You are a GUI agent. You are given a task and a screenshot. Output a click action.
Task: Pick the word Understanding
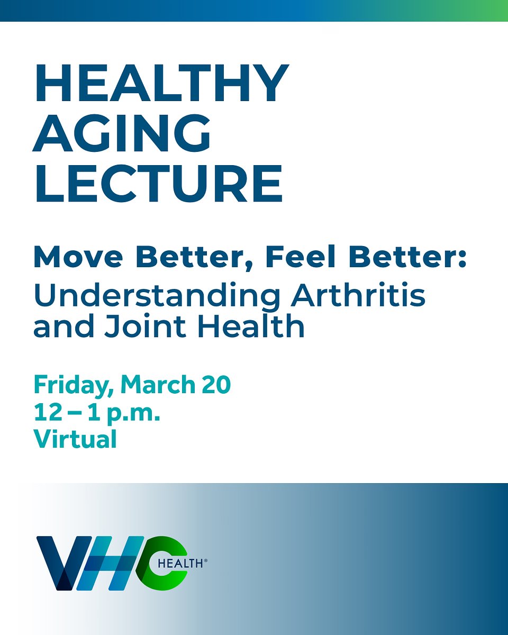point(156,297)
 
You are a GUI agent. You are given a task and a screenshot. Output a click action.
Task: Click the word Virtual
point(75,439)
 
